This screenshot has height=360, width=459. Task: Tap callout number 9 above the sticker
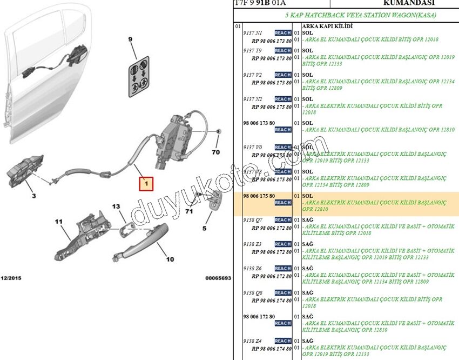point(130,39)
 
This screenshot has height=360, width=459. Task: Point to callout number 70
point(216,152)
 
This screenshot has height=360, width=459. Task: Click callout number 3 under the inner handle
point(33,195)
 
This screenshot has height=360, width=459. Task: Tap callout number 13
point(117,206)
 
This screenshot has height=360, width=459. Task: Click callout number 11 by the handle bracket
point(58,222)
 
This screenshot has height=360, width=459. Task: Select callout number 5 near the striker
point(205,228)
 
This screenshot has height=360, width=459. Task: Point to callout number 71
point(188,212)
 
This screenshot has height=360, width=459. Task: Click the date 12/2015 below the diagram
point(10,277)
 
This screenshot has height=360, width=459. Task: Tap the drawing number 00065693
point(218,278)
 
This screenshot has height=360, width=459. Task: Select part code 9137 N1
point(253,33)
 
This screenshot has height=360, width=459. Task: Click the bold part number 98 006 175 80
point(259,196)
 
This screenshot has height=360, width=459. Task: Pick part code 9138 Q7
point(253,220)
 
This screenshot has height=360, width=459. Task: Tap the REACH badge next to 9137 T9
point(282,50)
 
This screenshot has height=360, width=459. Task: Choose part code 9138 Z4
point(253,341)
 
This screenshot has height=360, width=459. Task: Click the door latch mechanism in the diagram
point(175,135)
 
